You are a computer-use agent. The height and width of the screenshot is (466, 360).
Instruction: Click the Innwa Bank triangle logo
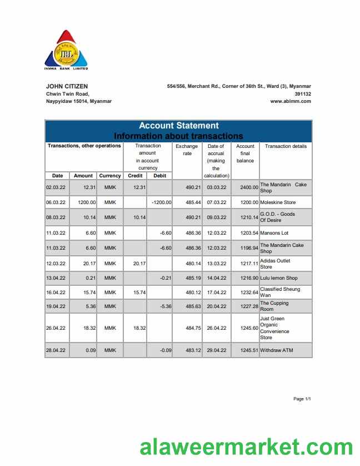pyautogui.click(x=66, y=49)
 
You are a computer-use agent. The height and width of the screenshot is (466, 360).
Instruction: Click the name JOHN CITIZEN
pyautogui.click(x=67, y=86)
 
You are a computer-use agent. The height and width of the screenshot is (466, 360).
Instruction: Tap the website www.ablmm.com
pyautogui.click(x=291, y=101)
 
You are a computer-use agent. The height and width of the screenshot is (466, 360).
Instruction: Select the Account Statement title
pyautogui.click(x=178, y=126)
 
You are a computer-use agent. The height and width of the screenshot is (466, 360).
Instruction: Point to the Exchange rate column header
pyautogui.click(x=187, y=150)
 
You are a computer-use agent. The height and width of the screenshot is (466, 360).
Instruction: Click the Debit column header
pyautogui.click(x=159, y=176)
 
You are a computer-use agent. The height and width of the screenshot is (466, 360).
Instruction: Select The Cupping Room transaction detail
pyautogui.click(x=274, y=306)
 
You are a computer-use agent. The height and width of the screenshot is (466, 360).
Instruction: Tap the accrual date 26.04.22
pyautogui.click(x=216, y=328)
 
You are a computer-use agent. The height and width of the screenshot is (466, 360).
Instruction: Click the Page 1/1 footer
pyautogui.click(x=302, y=399)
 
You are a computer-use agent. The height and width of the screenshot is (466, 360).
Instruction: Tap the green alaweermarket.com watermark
pyautogui.click(x=246, y=448)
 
